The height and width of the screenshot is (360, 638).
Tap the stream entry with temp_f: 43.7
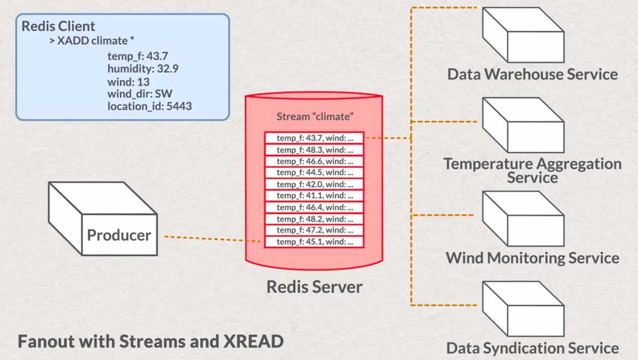314,138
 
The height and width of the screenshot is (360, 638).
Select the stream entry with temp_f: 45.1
314,242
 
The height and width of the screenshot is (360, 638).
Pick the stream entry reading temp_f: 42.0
314,184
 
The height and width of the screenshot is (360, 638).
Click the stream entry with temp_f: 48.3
314,149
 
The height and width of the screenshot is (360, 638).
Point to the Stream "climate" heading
315,117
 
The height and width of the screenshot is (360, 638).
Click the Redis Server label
314,287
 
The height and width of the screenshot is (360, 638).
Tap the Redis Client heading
58,26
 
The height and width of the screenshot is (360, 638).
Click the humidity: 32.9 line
143,69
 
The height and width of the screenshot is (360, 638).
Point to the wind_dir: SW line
140,94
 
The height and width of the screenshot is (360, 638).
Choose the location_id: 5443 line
150,106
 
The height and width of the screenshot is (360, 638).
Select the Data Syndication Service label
532,348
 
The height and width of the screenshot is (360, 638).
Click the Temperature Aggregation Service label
532,170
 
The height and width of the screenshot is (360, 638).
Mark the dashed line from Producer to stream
212,239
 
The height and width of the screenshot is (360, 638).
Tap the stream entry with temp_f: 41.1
314,195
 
